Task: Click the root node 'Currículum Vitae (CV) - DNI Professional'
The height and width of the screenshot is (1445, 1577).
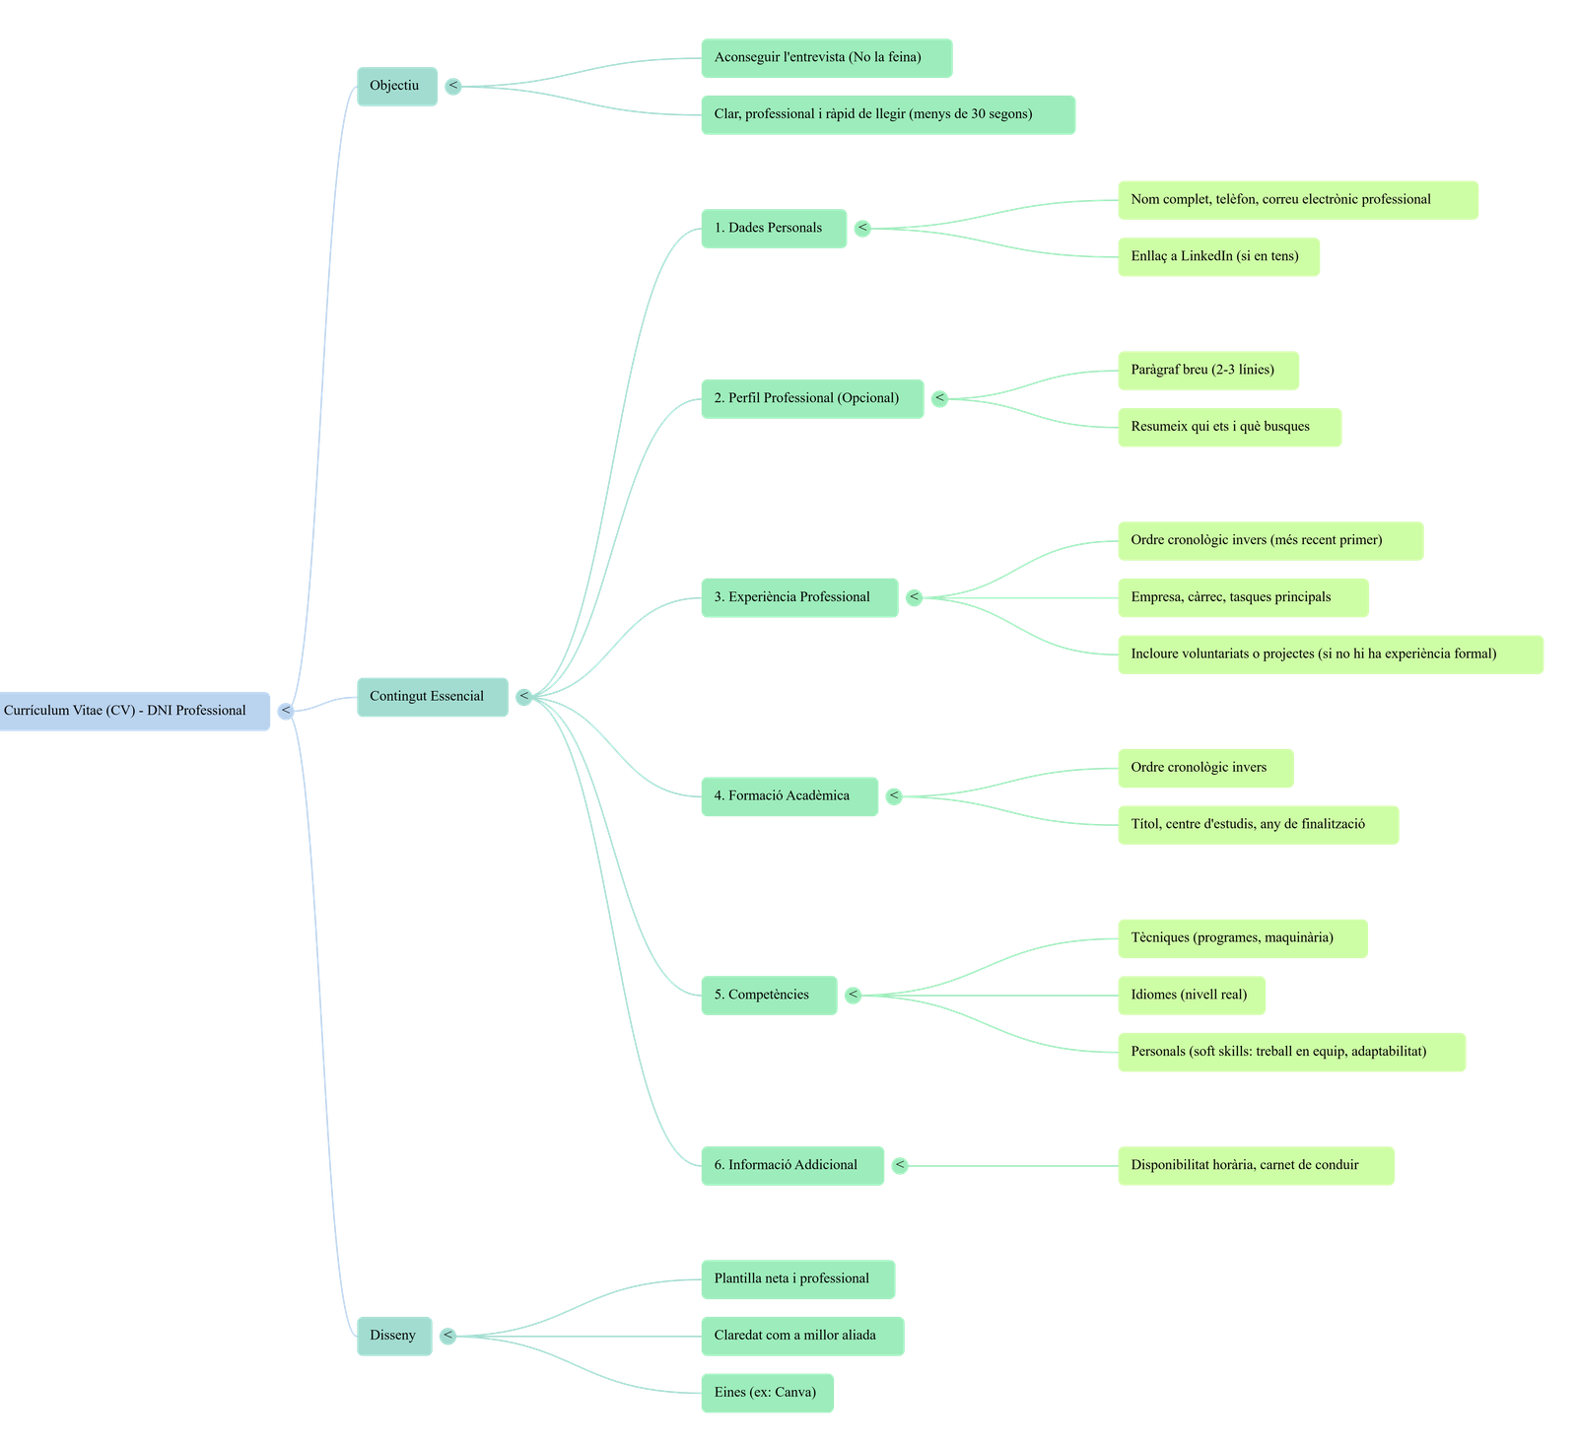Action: (x=134, y=711)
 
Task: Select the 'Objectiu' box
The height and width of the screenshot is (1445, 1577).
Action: (x=396, y=87)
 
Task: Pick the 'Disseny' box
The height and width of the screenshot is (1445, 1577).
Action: (x=393, y=1336)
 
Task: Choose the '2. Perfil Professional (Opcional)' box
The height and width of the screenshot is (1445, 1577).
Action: (x=811, y=398)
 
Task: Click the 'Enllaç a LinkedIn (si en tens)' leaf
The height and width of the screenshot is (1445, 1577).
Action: (x=1217, y=256)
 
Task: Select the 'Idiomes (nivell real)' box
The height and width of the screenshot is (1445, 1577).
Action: (x=1191, y=995)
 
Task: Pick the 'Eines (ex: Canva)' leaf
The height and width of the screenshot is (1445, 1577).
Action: (x=767, y=1393)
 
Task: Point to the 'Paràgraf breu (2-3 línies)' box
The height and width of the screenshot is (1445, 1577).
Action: (x=1207, y=370)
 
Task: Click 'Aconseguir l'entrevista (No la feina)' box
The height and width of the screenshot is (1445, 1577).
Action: (x=826, y=57)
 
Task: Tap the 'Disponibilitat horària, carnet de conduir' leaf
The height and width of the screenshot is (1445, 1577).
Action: (x=1255, y=1165)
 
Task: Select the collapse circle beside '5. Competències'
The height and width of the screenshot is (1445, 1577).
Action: (x=854, y=995)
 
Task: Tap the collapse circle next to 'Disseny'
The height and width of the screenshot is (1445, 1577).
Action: (x=447, y=1336)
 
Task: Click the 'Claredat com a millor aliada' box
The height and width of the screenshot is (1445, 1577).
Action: (x=801, y=1336)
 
